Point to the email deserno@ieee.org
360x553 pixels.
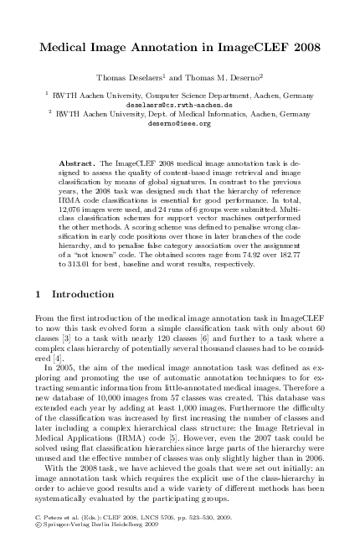click(x=181, y=122)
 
